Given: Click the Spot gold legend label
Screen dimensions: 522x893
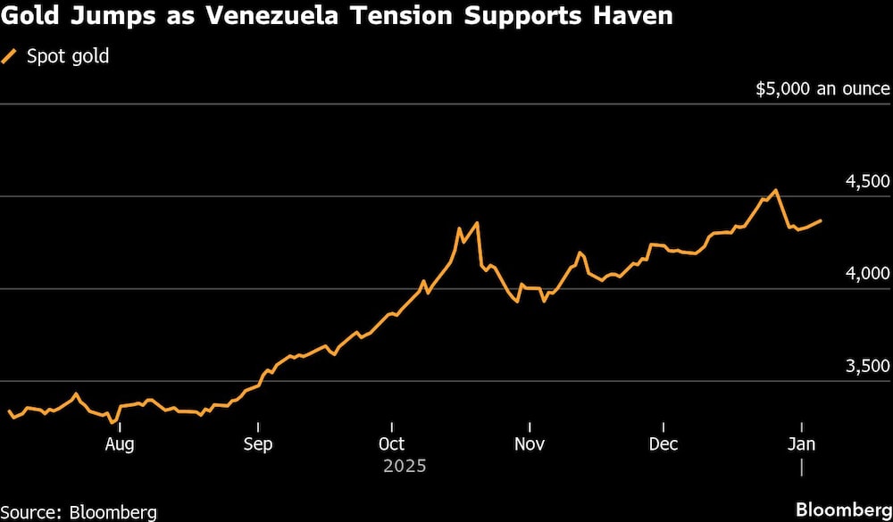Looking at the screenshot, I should click(68, 57).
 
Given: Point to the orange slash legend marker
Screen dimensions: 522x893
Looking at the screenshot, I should click(11, 57).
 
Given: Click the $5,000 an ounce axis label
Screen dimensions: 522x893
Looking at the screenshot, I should click(822, 88).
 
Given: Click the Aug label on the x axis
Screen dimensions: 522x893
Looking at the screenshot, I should click(120, 443).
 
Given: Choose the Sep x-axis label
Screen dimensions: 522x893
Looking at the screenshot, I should click(258, 443).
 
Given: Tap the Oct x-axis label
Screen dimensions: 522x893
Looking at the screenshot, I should click(392, 443).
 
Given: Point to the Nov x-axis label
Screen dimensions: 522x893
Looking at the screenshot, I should click(530, 443).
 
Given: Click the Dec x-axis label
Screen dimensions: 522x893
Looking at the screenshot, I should click(663, 443).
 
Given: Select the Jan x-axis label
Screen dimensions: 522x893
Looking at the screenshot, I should click(801, 443).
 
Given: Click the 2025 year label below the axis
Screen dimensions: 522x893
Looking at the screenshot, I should click(405, 466).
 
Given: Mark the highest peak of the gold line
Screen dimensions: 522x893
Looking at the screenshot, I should click(775, 190).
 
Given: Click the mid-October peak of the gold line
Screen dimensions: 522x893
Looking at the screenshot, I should click(478, 223).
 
